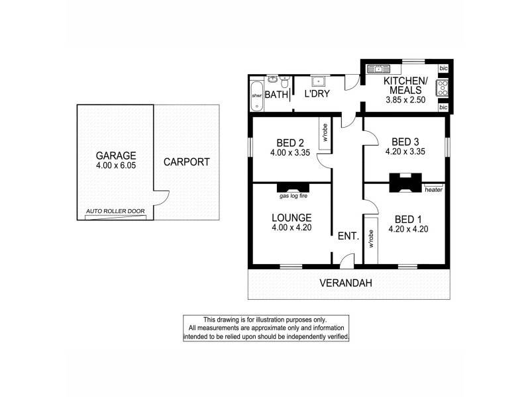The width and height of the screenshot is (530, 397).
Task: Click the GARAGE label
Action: tap(115, 155)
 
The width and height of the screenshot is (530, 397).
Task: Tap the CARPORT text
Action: tap(186, 161)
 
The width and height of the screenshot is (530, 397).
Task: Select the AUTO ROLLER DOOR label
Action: tap(115, 212)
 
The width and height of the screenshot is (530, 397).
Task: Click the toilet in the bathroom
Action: tap(285, 83)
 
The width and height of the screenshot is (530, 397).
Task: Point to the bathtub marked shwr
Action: tap(256, 95)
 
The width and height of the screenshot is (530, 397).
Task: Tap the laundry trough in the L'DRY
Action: tap(319, 82)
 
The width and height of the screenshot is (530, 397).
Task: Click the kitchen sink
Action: tap(380, 68)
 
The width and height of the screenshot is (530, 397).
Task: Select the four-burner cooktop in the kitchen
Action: tap(443, 89)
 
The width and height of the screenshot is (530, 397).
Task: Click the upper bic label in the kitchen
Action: tap(443, 69)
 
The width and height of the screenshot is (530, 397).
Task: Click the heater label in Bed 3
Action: tap(434, 190)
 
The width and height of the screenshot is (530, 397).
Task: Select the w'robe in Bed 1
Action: tap(371, 239)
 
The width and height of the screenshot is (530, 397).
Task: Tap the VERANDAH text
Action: tap(346, 283)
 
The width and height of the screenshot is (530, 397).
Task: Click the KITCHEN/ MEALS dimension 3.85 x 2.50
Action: tap(405, 101)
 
